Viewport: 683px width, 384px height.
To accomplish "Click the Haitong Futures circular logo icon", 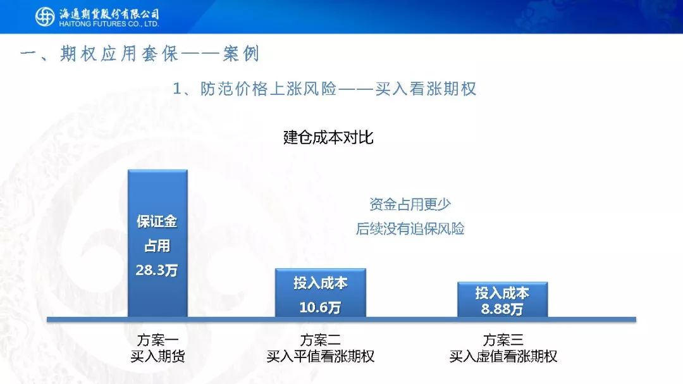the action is click(45, 16).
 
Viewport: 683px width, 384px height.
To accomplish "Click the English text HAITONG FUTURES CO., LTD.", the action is click(109, 24).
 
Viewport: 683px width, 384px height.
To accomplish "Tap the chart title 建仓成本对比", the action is click(328, 137).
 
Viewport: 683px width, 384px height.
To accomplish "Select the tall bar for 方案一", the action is click(157, 243).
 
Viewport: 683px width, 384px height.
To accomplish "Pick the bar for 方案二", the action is click(320, 293).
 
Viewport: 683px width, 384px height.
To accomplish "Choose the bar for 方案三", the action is click(502, 300).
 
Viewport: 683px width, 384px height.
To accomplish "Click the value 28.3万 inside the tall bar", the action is click(157, 270).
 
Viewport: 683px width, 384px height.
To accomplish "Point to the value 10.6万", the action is click(320, 307).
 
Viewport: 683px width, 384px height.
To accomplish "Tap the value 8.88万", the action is click(502, 309).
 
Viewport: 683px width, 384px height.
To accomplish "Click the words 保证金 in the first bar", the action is click(157, 221).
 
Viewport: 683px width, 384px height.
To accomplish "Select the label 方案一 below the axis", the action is click(157, 340).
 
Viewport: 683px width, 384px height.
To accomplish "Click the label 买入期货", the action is click(157, 356).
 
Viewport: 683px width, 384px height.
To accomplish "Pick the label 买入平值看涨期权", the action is click(321, 356).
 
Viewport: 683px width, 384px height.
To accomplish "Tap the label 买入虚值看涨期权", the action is click(503, 356).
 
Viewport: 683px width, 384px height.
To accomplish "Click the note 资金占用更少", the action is click(410, 204).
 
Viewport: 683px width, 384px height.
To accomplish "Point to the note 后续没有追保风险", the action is click(410, 228).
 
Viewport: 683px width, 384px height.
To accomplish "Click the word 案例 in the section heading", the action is click(241, 54).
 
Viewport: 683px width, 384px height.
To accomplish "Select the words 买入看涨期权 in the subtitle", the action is click(426, 89).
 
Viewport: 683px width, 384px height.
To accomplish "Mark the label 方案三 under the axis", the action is click(503, 340).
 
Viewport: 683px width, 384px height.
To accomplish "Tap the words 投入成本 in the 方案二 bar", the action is click(320, 283).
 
